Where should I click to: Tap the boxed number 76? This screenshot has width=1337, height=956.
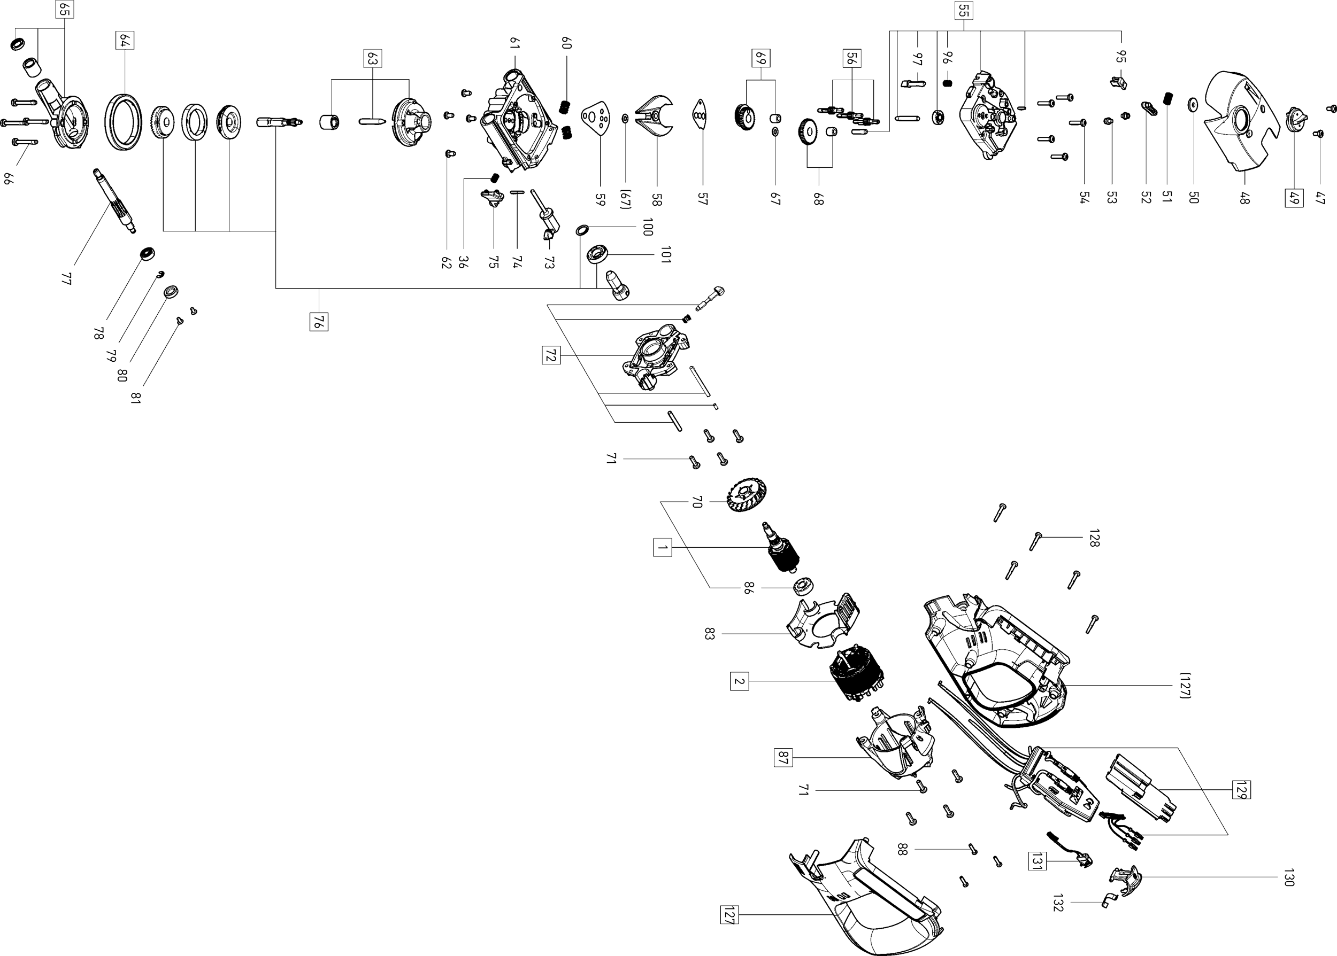point(319,322)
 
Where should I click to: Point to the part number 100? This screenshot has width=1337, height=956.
point(647,227)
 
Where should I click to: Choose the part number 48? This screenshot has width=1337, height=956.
point(1243,198)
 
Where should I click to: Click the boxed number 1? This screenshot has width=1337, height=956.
point(662,547)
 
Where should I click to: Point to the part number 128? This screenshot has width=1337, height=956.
point(1094,538)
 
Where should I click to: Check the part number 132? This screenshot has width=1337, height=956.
point(1058,903)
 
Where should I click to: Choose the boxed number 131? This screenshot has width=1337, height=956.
point(1037,861)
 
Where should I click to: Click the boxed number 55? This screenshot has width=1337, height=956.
point(963,10)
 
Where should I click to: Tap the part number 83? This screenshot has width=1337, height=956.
point(709,634)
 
